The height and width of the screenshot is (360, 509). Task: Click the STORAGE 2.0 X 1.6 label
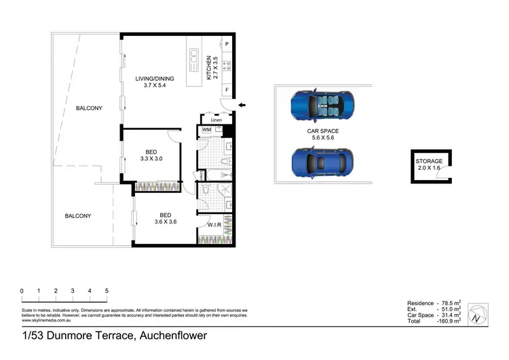tap(429, 164)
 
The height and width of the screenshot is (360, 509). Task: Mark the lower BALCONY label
tap(78, 216)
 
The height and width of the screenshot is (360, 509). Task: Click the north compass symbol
tap(478, 312)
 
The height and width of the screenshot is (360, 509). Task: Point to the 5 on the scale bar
tap(107, 291)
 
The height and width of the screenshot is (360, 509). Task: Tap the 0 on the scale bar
tap(22, 291)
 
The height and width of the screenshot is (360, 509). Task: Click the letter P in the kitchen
tap(227, 44)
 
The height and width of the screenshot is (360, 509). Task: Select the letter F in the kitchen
tap(227, 90)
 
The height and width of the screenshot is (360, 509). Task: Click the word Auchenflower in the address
tap(174, 335)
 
